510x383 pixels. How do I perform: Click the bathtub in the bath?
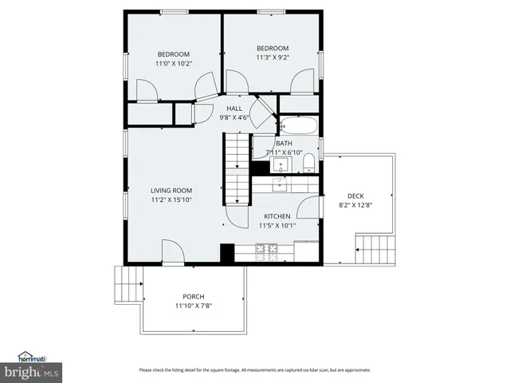tap(298, 126)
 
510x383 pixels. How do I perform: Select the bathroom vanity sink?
tap(280, 166)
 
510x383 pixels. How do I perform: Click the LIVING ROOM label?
tap(171, 190)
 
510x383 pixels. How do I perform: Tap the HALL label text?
tap(234, 109)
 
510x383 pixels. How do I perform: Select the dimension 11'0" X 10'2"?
tap(174, 63)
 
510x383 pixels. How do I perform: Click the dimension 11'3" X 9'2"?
tap(273, 57)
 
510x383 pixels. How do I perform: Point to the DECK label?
tap(355, 195)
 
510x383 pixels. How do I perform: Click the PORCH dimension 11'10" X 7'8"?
tap(194, 306)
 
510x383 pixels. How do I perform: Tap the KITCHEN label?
tap(277, 215)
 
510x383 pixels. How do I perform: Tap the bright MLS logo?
tap(31, 372)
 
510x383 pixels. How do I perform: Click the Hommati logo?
tap(31, 357)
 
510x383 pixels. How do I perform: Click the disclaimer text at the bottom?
tap(254, 369)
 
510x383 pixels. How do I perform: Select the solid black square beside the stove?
tap(226, 252)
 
